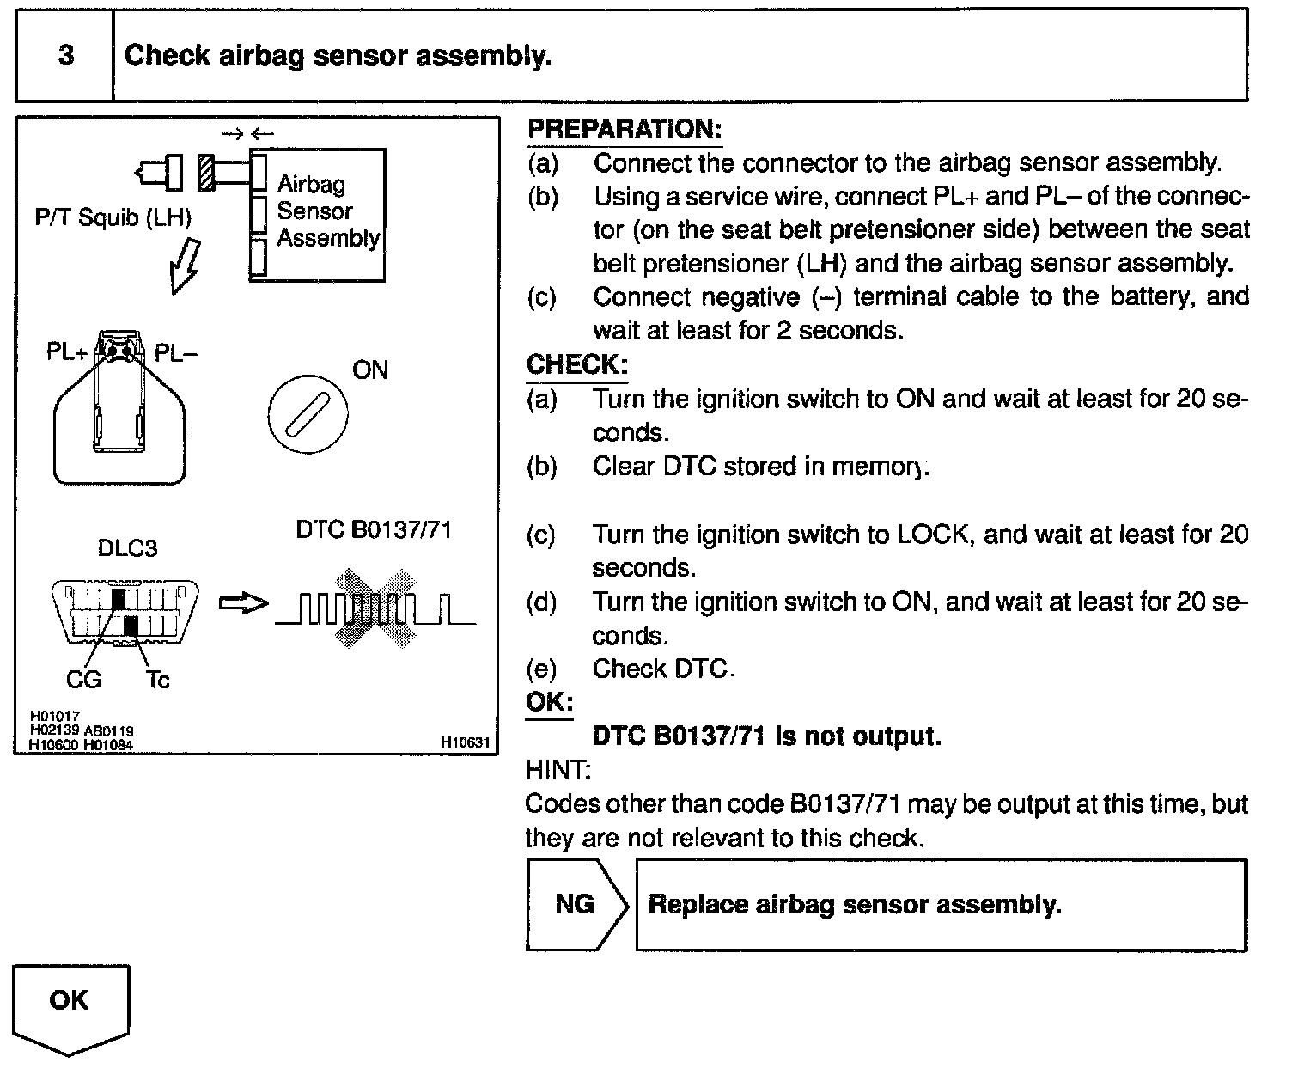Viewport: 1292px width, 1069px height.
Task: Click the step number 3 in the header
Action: [65, 56]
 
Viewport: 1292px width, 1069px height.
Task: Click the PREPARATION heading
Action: [624, 130]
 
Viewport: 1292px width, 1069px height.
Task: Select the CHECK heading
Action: [576, 364]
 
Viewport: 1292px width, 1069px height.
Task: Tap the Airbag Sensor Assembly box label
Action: [327, 211]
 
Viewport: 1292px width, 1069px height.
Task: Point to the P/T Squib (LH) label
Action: [113, 217]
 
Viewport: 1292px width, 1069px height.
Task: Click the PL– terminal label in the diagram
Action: [176, 353]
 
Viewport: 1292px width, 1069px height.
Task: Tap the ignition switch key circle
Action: [307, 415]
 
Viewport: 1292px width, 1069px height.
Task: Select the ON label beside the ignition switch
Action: [370, 370]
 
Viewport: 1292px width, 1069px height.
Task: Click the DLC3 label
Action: [128, 548]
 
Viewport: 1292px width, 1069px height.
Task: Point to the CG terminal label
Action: [83, 680]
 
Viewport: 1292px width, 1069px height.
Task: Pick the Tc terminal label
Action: [158, 680]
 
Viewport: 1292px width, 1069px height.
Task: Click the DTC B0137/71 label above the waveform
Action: [374, 529]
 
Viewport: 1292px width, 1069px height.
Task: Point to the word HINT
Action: [558, 770]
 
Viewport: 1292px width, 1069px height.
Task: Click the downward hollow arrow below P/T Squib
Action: [184, 266]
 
